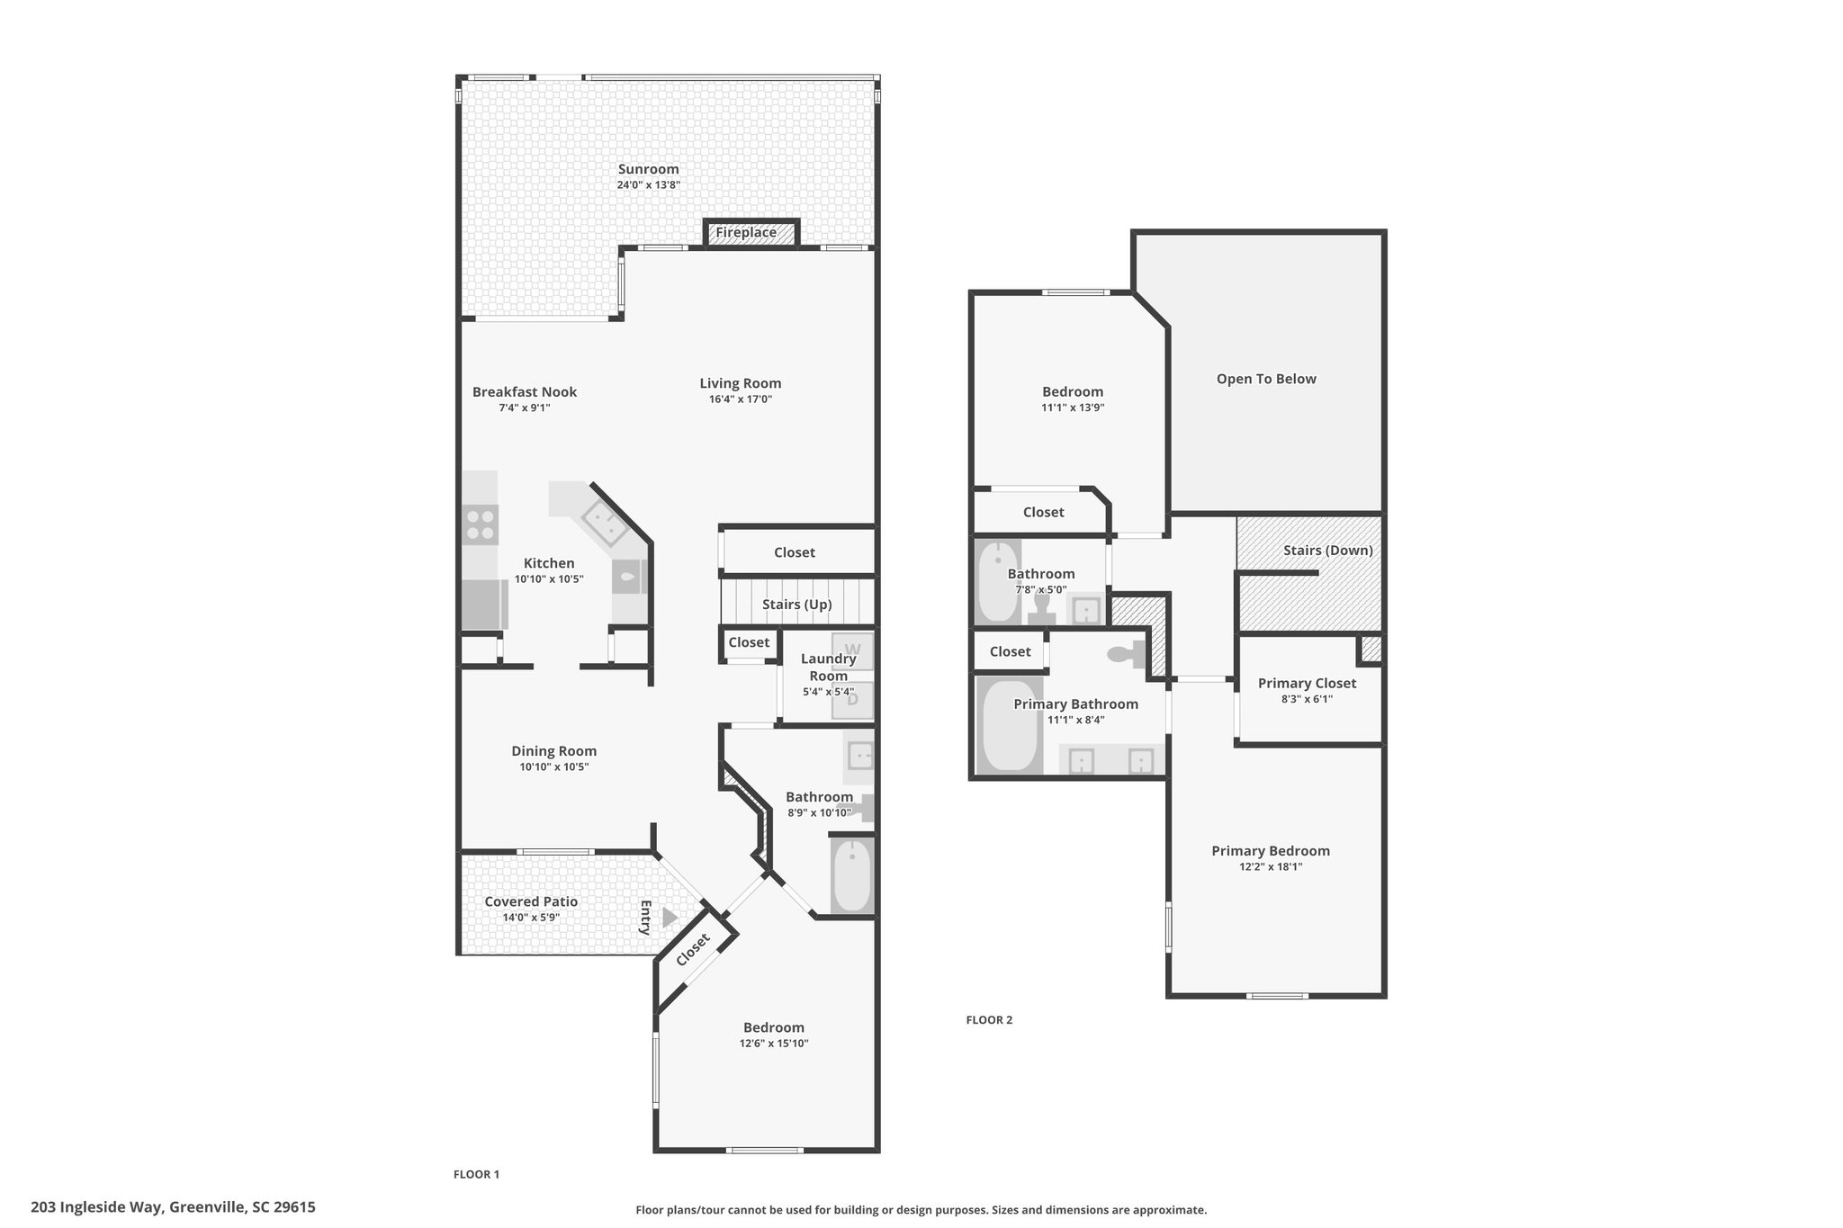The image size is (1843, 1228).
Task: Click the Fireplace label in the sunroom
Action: [x=746, y=232]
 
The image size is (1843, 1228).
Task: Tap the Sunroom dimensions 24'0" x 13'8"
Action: [x=648, y=184]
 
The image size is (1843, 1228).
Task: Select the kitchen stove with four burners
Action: [x=480, y=524]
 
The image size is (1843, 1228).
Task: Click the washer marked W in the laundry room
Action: [x=852, y=650]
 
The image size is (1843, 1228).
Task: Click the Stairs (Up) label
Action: [x=797, y=604]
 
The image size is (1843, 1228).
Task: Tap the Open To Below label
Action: [x=1266, y=379]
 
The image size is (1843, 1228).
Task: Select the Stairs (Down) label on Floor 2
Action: [x=1328, y=550]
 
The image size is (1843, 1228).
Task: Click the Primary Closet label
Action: [x=1307, y=683]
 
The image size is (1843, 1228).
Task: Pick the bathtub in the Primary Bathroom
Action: [x=1009, y=725]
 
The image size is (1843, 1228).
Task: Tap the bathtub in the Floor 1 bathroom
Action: [x=851, y=875]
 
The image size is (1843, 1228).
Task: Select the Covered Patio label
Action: [x=531, y=901]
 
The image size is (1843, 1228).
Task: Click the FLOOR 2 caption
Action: [x=989, y=1019]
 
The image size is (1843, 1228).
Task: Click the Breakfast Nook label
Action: [x=525, y=391]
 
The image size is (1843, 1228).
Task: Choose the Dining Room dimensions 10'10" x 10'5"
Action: [x=554, y=766]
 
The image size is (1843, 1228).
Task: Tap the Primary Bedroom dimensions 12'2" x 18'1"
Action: [x=1271, y=866]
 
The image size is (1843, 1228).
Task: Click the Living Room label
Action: [x=741, y=383]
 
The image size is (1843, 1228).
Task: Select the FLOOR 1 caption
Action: [x=476, y=1174]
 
